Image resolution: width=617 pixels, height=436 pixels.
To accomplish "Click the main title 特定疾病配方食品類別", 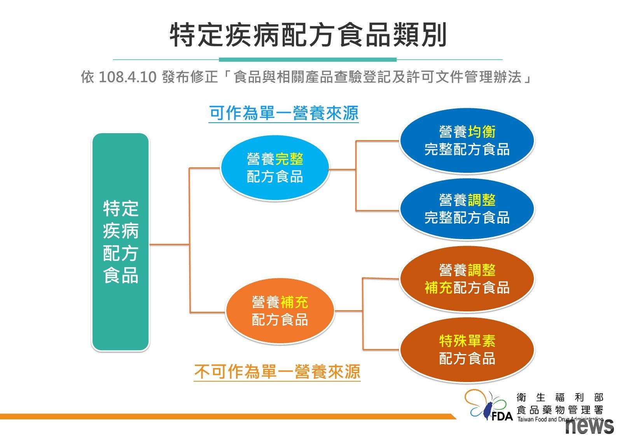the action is (x=308, y=35).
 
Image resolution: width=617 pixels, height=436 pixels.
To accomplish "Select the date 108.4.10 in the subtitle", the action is (x=127, y=77).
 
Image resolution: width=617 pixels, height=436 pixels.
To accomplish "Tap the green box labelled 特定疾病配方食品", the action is (x=121, y=242).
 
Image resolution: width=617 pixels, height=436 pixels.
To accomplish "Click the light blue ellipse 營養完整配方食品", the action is (x=275, y=168).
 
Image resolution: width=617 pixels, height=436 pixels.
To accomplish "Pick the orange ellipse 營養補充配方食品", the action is (x=280, y=311).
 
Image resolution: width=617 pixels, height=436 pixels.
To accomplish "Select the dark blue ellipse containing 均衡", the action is (x=467, y=141).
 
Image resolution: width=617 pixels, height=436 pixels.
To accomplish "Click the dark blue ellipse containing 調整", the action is (x=467, y=209).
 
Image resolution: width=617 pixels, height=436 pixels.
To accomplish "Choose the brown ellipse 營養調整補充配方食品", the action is (x=467, y=279).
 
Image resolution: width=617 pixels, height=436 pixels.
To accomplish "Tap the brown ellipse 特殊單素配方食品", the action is (x=467, y=350).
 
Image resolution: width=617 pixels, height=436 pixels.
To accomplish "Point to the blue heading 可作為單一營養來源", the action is (x=284, y=113).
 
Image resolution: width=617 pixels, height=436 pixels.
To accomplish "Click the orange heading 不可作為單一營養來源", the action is (x=277, y=372).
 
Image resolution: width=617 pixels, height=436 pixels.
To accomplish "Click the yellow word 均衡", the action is (x=482, y=132).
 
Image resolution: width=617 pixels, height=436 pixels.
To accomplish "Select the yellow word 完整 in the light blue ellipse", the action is (x=289, y=159).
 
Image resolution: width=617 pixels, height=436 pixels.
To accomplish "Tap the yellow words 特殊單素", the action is (x=467, y=341).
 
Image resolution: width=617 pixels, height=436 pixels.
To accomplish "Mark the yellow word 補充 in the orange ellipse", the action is (x=294, y=302).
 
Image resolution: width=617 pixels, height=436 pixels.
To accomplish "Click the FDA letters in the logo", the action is (x=502, y=417).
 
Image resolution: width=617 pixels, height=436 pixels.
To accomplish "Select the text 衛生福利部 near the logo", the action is (x=560, y=397).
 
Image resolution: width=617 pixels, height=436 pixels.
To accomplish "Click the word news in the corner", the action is (x=589, y=426).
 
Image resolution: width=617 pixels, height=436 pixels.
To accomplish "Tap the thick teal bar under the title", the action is (x=308, y=59).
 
